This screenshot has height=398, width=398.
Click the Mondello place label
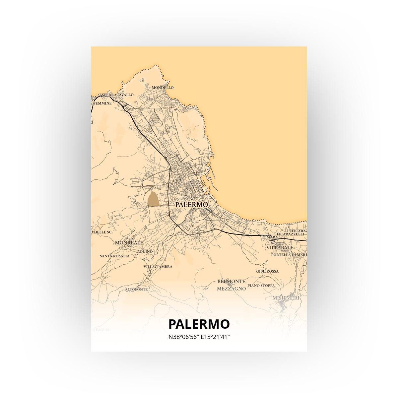pos(163,88)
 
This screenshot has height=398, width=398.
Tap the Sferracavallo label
pos(118,95)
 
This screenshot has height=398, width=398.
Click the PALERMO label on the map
pos(191,205)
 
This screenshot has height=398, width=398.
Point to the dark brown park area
pos(153,199)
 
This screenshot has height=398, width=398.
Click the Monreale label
pos(129,243)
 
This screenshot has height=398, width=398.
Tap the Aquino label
pos(145,251)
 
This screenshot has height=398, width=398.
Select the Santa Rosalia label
pos(114,256)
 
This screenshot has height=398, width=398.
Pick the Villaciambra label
pos(158,267)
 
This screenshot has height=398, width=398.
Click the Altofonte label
pos(136,290)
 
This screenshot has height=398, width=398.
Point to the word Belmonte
pos(231,281)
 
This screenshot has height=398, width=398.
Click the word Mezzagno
pos(231,289)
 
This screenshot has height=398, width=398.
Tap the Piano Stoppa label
pos(261,285)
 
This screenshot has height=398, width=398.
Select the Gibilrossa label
pos(267,271)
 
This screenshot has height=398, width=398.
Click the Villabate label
pos(280,247)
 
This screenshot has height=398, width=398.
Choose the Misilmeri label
pos(286,298)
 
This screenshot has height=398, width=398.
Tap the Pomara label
pos(270,237)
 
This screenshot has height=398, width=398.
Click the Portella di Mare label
pos(289,255)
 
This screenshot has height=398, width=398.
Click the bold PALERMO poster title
pos(199,324)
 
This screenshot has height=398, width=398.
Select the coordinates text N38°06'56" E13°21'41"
pos(199,337)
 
